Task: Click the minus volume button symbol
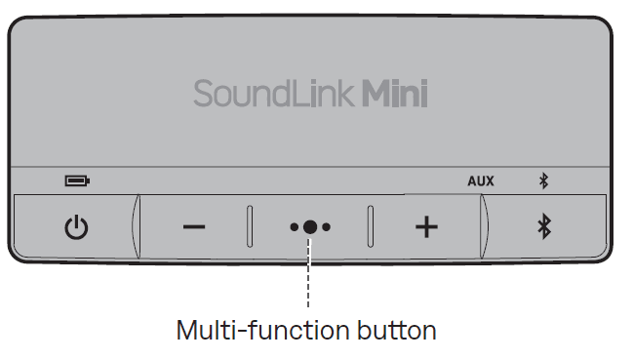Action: point(194,227)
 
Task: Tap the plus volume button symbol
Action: point(426,227)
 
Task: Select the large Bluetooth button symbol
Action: point(545,227)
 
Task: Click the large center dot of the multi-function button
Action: point(310,227)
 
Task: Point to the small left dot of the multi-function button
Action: point(294,227)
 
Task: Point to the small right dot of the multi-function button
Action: point(327,227)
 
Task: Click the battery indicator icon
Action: point(76,180)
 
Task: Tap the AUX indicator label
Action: point(481,180)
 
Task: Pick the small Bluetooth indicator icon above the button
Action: point(545,180)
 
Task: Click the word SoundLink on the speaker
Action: point(274,94)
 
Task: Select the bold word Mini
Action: point(395,94)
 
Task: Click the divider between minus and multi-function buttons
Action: point(250,226)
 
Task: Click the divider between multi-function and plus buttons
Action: point(370,226)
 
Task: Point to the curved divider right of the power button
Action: point(136,226)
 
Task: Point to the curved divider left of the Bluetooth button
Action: point(485,226)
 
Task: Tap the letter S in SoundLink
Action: point(202,95)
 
